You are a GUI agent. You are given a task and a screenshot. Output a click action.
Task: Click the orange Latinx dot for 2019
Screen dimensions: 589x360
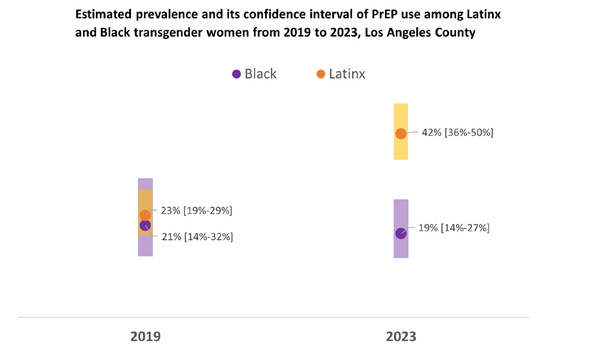click(x=145, y=215)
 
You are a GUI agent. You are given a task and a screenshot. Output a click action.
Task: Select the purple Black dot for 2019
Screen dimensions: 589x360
click(x=145, y=225)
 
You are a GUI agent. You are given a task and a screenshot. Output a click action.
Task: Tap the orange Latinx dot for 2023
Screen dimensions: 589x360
click(x=401, y=133)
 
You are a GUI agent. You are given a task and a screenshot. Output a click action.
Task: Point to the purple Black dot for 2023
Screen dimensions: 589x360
click(x=401, y=233)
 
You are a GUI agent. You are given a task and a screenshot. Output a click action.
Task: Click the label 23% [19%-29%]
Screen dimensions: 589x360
click(x=197, y=211)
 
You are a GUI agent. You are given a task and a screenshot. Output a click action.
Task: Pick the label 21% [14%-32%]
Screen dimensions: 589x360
click(x=197, y=237)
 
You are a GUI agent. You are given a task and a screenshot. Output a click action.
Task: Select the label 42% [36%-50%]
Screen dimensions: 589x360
click(x=457, y=132)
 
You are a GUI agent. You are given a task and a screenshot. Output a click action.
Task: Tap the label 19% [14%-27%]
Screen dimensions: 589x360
click(x=454, y=228)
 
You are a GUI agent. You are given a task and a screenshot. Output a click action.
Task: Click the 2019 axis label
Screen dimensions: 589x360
click(x=146, y=336)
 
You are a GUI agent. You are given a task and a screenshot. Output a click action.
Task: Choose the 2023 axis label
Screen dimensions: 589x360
click(x=401, y=336)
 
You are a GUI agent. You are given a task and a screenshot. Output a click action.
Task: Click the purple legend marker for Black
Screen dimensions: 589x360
click(x=236, y=74)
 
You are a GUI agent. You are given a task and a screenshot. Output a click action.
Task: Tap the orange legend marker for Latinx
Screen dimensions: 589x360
click(x=320, y=74)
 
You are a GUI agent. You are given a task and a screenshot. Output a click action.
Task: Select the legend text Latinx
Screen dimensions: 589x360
click(x=347, y=74)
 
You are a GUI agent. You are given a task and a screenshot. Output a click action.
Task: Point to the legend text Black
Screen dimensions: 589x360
click(x=260, y=74)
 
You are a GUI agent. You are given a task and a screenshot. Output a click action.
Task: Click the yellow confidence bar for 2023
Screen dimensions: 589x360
click(x=401, y=132)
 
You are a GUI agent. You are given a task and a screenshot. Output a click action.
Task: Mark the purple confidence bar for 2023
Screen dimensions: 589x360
click(x=401, y=228)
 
